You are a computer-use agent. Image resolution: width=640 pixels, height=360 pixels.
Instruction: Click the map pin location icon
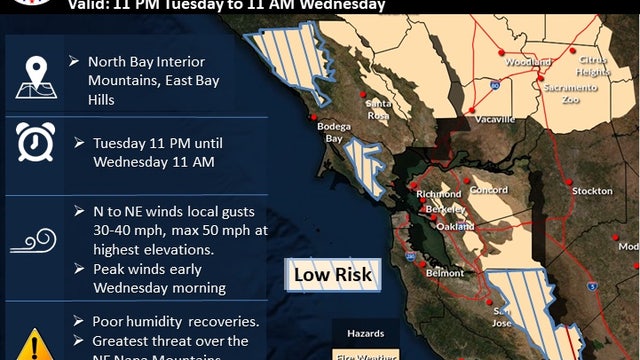(36, 78)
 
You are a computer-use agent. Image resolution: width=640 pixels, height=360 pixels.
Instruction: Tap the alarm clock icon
(36, 142)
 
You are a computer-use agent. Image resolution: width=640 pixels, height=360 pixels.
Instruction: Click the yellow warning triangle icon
(36, 344)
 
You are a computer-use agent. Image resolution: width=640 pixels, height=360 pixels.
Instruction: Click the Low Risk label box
(333, 274)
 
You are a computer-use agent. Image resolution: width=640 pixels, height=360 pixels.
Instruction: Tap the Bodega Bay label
(333, 132)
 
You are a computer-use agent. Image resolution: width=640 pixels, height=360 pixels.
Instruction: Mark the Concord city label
(489, 189)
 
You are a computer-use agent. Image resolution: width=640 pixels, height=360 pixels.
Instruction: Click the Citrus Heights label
(592, 65)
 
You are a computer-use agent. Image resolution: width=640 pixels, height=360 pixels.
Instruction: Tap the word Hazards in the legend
(365, 332)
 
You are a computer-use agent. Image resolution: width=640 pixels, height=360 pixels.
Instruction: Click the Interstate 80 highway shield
(494, 87)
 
